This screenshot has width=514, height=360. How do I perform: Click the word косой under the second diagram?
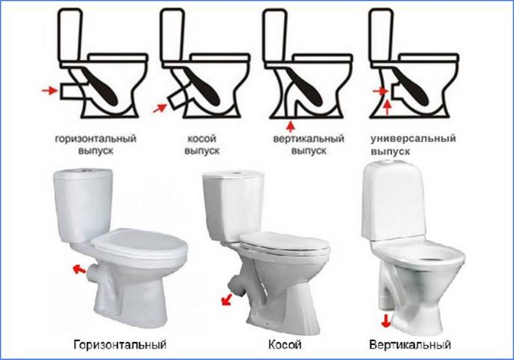pos(202,139)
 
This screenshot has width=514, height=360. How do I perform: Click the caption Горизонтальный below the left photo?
pos(120,345)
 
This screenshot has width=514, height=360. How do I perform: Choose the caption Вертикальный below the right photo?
pos(410,345)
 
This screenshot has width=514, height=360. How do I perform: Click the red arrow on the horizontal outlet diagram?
pos(49,91)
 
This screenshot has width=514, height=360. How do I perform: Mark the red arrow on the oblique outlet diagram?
pos(160,108)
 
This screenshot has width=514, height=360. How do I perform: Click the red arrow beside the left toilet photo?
pos(76,267)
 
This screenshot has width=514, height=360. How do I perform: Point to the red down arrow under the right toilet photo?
pos(386,321)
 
